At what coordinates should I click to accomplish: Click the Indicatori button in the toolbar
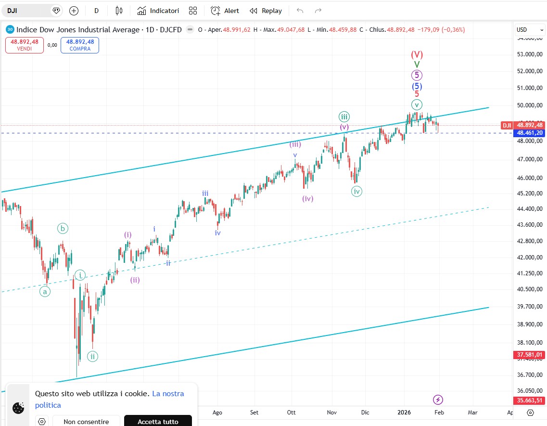[x=158, y=11]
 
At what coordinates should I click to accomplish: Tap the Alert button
[x=225, y=11]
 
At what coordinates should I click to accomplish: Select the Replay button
[x=266, y=11]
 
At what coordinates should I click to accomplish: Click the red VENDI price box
[x=25, y=45]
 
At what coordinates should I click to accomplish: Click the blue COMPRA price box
[x=80, y=45]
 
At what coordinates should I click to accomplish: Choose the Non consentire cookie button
[x=86, y=422]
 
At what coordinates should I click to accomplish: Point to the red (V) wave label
[x=417, y=54]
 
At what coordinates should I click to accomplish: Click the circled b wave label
[x=63, y=229]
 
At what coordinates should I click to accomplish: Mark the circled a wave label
[x=45, y=291]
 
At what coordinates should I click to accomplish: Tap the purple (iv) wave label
[x=308, y=198]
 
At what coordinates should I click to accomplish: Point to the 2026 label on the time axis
[x=404, y=413]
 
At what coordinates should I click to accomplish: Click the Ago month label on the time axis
[x=217, y=413]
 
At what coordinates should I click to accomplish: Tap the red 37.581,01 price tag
[x=529, y=355]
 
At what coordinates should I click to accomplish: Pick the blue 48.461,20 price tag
[x=529, y=133]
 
